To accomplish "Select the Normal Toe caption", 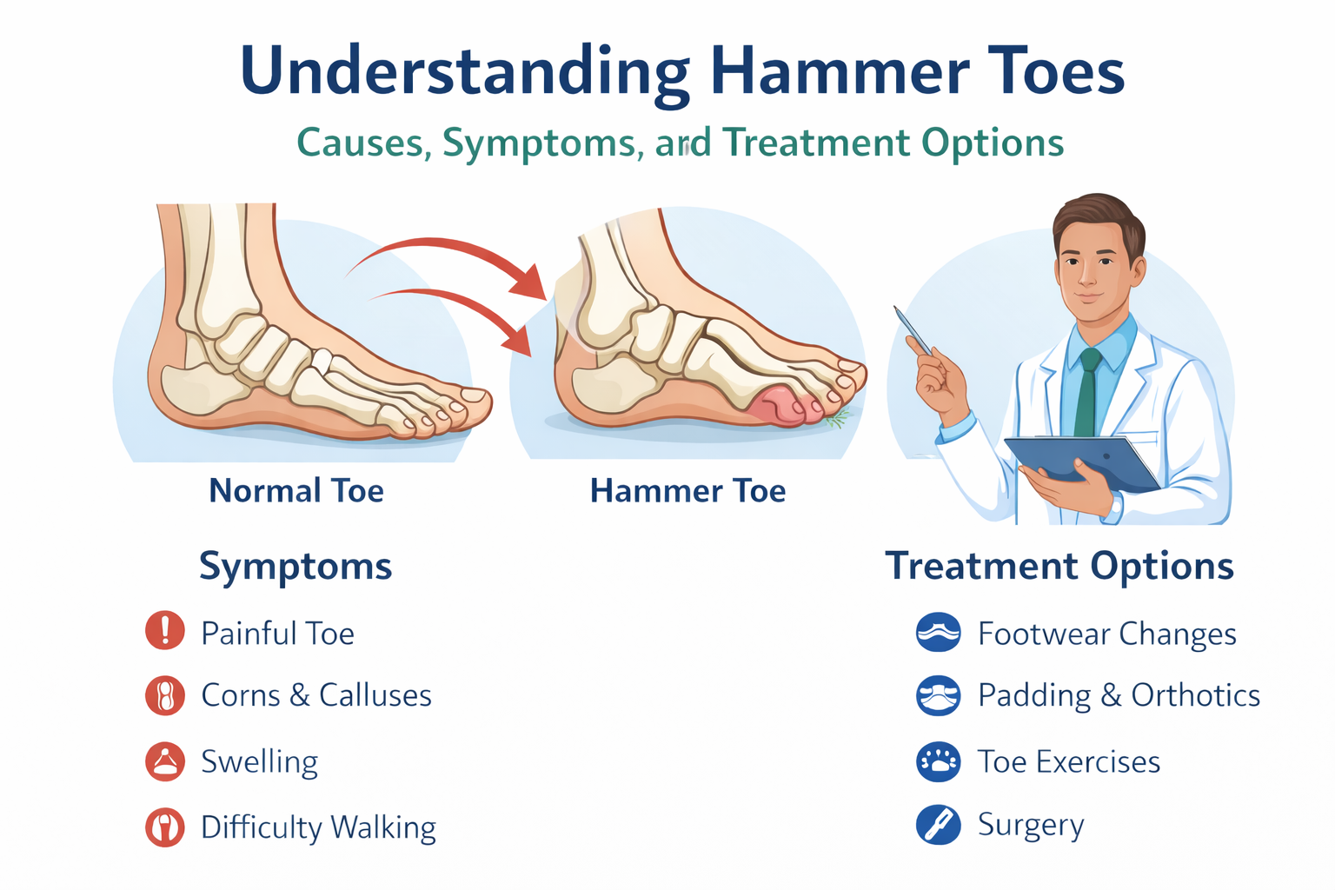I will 296,491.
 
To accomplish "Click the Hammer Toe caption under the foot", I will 687,491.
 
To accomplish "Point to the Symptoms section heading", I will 296,567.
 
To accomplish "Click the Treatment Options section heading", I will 1059,567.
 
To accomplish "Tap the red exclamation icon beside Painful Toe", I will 165,631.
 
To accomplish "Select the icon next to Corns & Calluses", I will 165,696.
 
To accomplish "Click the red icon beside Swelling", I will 165,761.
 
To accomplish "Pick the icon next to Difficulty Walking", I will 165,827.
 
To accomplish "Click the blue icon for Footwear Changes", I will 939,633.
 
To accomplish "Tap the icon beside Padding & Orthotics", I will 939,696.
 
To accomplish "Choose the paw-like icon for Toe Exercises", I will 939,762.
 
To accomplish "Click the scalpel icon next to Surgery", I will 939,825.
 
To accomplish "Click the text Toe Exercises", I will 1069,762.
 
